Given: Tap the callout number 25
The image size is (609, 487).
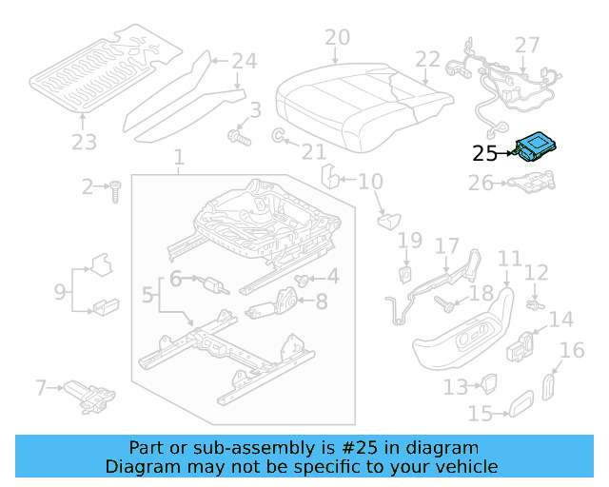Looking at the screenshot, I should tap(485, 152).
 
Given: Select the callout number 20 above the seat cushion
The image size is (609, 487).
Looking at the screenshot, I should tap(337, 39).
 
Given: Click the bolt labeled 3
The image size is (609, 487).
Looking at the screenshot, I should tap(237, 139).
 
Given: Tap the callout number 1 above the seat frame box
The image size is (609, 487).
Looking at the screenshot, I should tap(179, 156).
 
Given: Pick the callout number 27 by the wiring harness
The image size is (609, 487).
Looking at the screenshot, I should tap(527, 45).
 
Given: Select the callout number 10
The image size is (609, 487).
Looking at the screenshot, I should tap(370, 181).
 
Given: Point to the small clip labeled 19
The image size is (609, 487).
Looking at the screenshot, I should tap(404, 273).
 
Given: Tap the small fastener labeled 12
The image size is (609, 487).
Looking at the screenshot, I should tap(534, 305).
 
